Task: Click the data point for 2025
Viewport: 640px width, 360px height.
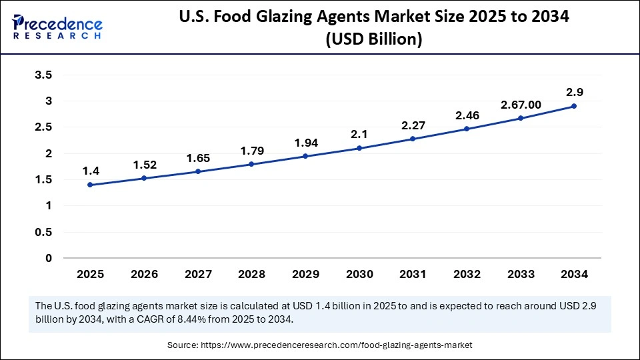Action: pyautogui.click(x=90, y=185)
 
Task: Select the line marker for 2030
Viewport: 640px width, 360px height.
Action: pyautogui.click(x=359, y=148)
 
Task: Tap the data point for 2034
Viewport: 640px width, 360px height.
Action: pyautogui.click(x=574, y=106)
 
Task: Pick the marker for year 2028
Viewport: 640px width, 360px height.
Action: pyautogui.click(x=251, y=164)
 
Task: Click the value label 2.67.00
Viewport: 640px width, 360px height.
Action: pyautogui.click(x=520, y=104)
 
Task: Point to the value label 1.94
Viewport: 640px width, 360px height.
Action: pyautogui.click(x=305, y=142)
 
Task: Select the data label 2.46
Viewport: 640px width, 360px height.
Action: pyautogui.click(x=467, y=115)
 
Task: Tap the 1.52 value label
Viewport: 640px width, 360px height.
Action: pyautogui.click(x=144, y=164)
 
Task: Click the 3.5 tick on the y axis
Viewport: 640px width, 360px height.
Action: pyautogui.click(x=43, y=75)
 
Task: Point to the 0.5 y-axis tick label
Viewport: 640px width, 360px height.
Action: pyautogui.click(x=43, y=232)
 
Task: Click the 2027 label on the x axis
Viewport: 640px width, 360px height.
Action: pyautogui.click(x=197, y=274)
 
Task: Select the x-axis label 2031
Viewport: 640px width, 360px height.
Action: pyautogui.click(x=413, y=274)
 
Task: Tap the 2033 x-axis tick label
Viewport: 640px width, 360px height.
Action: pyautogui.click(x=520, y=274)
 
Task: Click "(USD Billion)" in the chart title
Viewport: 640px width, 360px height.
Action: pyautogui.click(x=373, y=39)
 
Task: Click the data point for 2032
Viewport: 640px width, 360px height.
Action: pyautogui.click(x=467, y=129)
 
